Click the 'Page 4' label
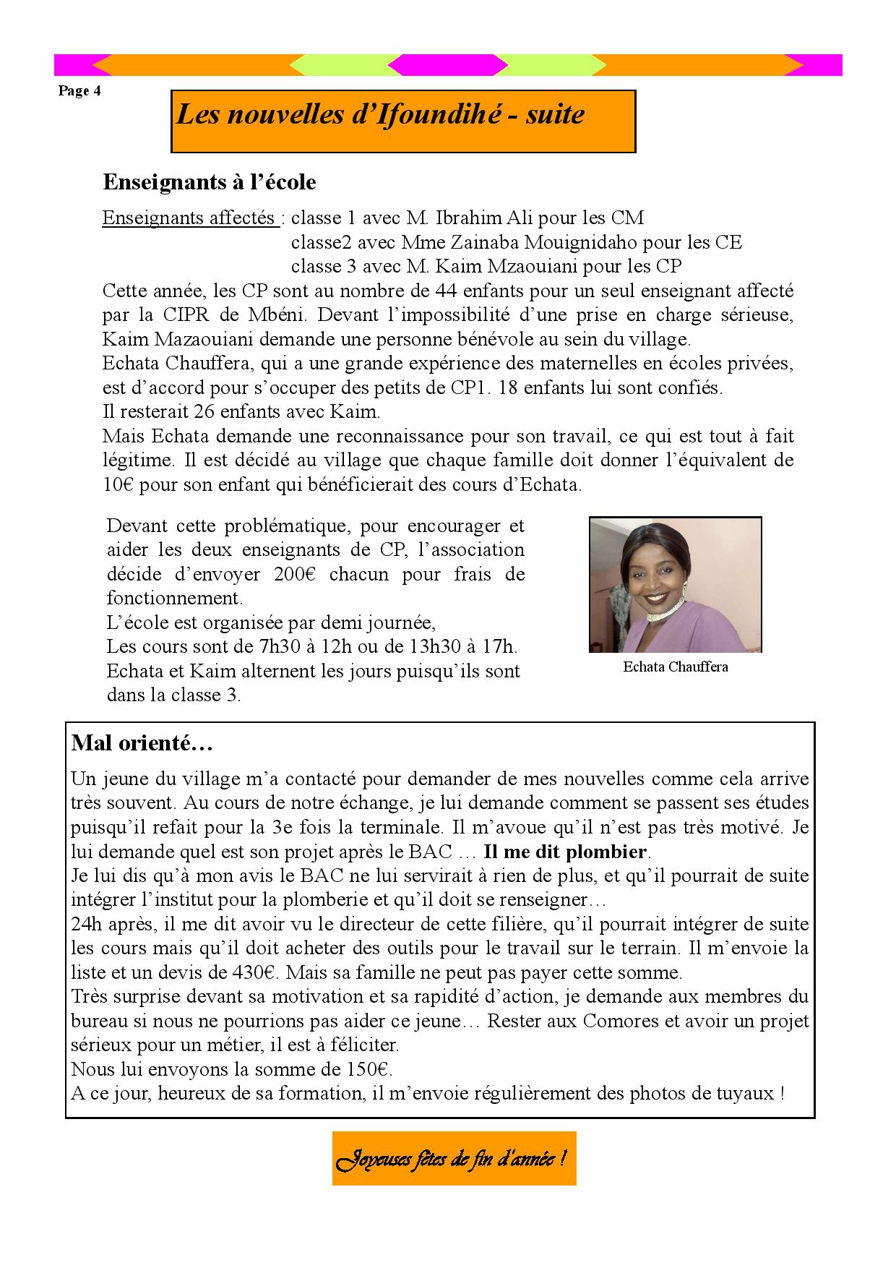click(x=79, y=91)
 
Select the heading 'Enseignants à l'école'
click(x=210, y=182)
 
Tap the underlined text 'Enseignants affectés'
click(x=189, y=218)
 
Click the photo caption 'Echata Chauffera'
click(x=676, y=667)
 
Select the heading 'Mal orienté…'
click(x=142, y=743)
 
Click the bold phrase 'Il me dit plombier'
click(x=567, y=851)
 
